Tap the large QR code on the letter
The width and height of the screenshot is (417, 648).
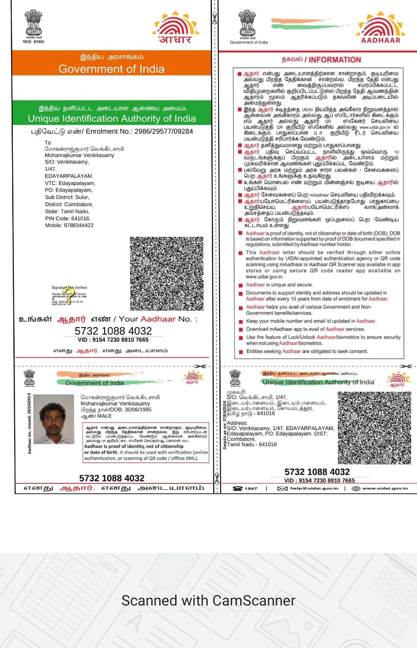166,274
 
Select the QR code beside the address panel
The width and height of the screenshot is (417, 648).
374,428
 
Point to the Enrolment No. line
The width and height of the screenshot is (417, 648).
112,131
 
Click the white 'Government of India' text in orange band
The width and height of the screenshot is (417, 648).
111,69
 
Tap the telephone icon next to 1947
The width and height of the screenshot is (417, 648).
238,488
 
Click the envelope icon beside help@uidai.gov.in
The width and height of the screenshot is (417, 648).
282,488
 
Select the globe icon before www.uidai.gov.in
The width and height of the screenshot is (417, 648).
356,488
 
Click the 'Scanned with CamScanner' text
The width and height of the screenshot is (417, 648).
208,601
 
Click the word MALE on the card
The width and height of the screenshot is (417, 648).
104,416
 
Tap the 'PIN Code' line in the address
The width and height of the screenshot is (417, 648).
67,218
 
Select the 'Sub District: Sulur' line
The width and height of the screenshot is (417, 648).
67,197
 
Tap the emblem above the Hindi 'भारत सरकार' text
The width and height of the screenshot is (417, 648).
33,24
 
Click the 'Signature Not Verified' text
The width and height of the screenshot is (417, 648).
69,287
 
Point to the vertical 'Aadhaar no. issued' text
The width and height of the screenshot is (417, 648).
29,423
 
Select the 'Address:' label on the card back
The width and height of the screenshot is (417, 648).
237,423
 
